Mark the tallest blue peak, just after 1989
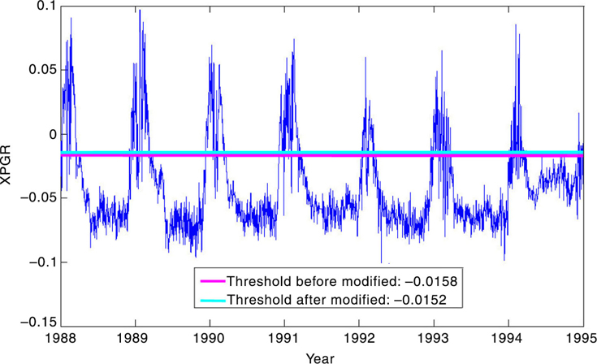140,11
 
